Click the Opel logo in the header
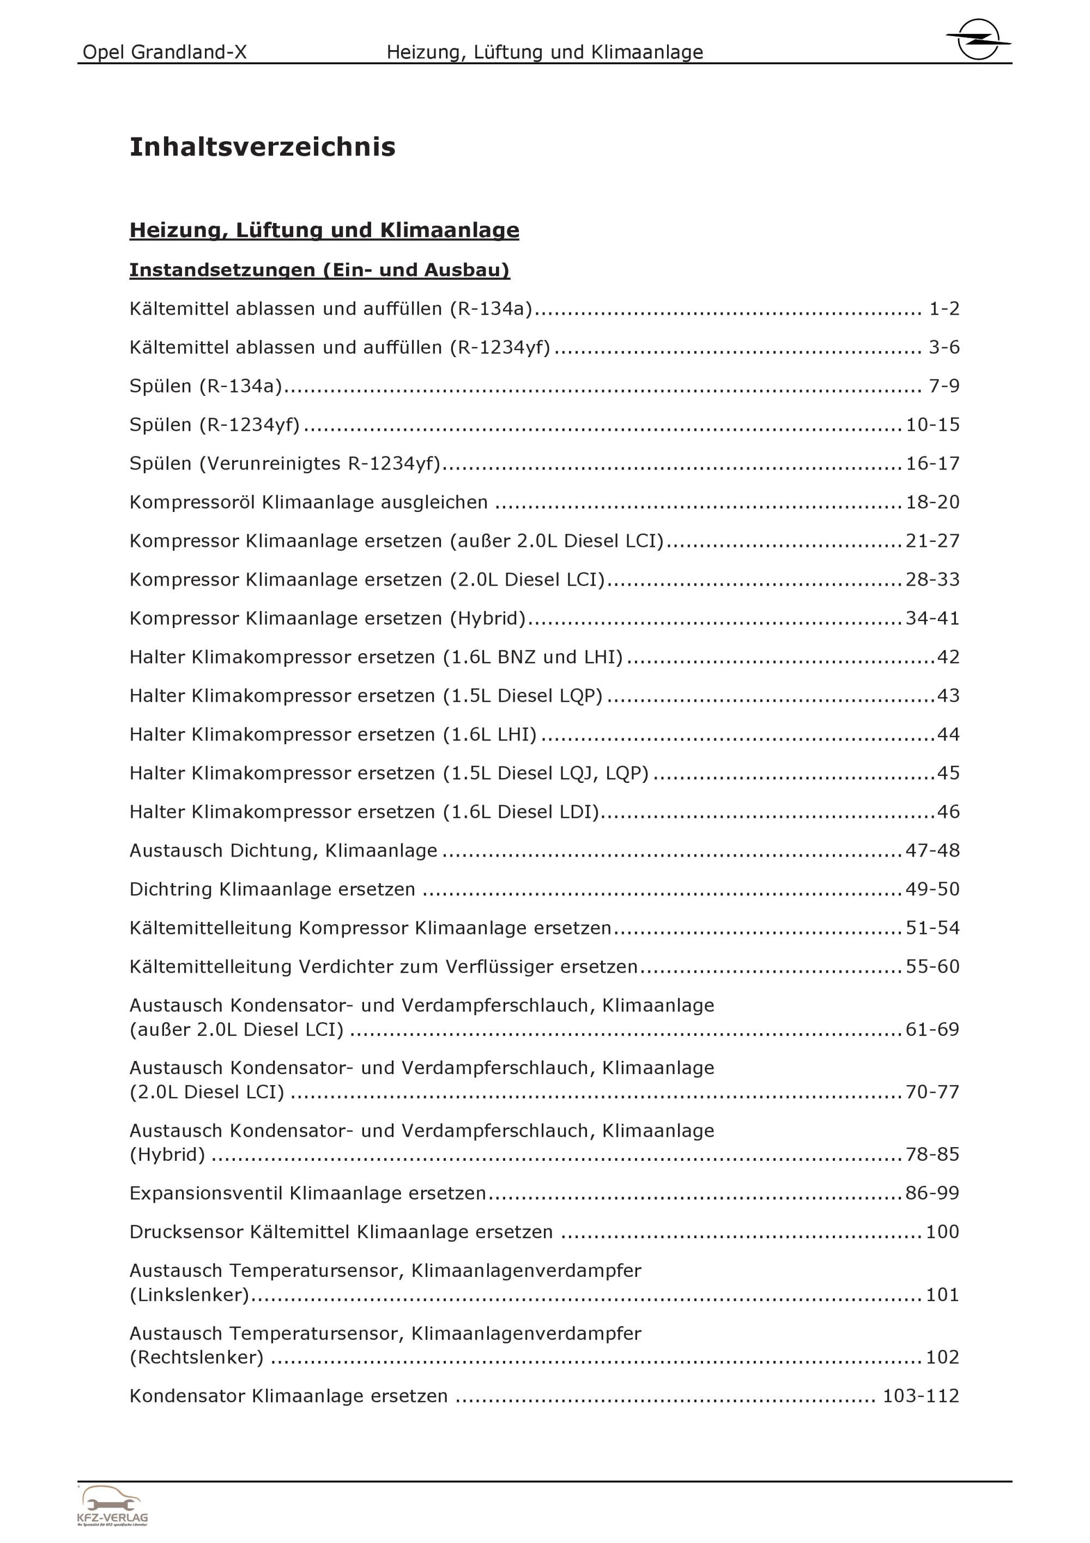pyautogui.click(x=978, y=39)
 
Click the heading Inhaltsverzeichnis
pyautogui.click(x=262, y=147)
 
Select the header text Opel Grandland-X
pyautogui.click(x=165, y=52)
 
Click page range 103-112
pyautogui.click(x=920, y=1396)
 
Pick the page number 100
pyautogui.click(x=942, y=1232)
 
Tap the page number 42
pyautogui.click(x=948, y=656)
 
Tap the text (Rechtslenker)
pyautogui.click(x=196, y=1357)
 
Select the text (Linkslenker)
pyautogui.click(x=190, y=1294)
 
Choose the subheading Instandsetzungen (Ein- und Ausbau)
pyautogui.click(x=320, y=269)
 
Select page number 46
pyautogui.click(x=948, y=811)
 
